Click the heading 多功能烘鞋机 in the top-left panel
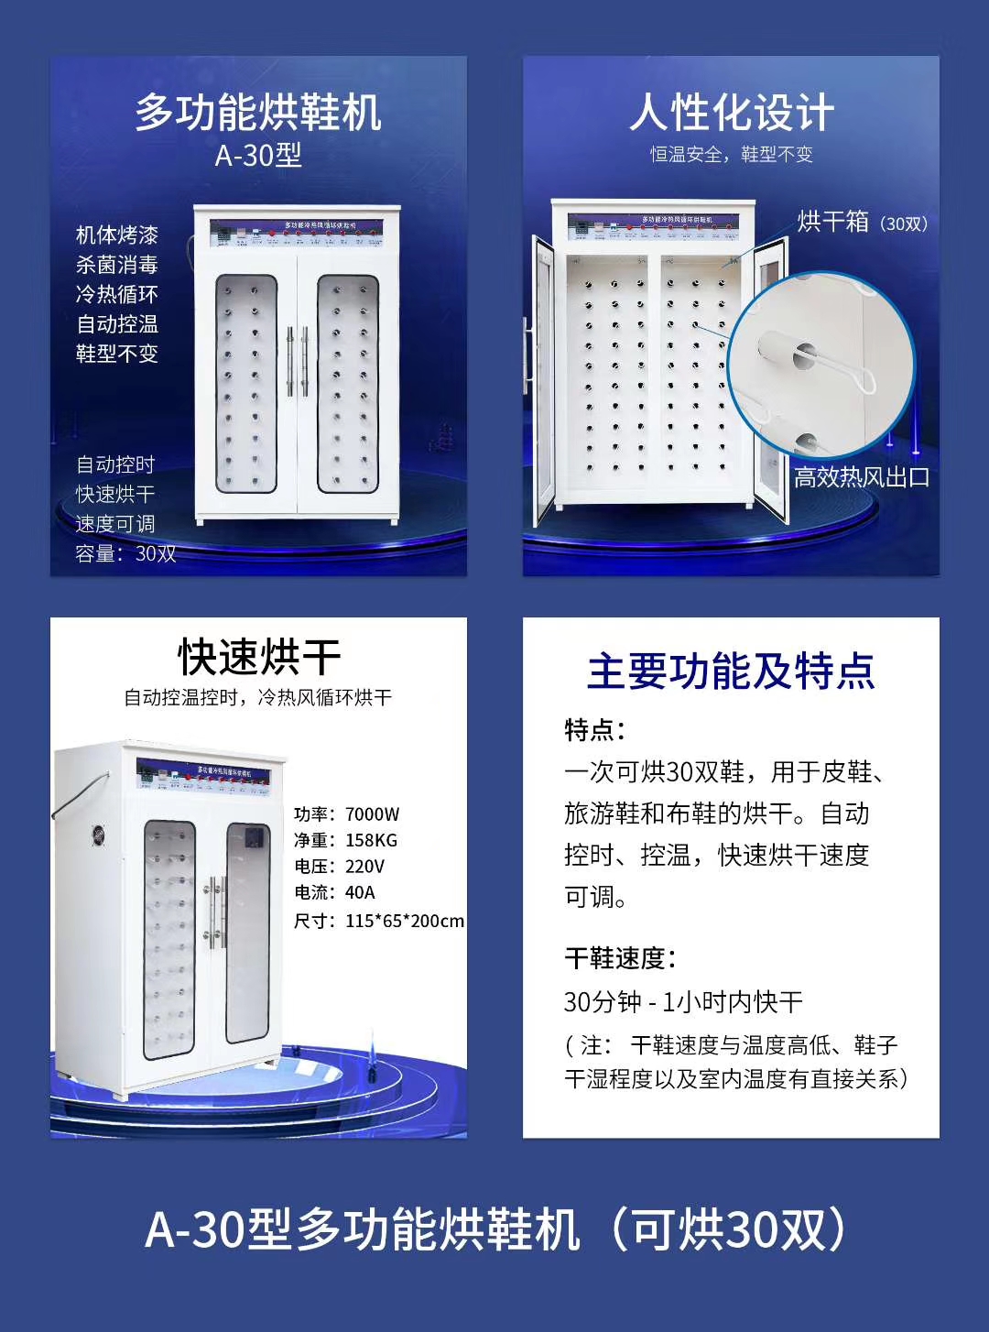[258, 113]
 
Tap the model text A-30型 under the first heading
[258, 156]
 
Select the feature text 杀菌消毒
[116, 265]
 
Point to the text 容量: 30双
[125, 553]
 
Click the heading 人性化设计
[731, 113]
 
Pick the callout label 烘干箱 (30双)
[861, 222]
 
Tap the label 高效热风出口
[861, 477]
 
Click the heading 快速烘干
[259, 657]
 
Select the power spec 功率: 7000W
[346, 814]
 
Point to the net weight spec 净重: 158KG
[345, 840]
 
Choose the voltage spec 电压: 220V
[339, 866]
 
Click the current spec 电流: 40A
[334, 892]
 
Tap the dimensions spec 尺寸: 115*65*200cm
[378, 921]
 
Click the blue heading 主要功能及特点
[731, 671]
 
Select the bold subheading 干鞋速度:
[620, 958]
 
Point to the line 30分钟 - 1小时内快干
[683, 1001]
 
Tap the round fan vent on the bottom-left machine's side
[98, 835]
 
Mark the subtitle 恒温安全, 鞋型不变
[731, 155]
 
